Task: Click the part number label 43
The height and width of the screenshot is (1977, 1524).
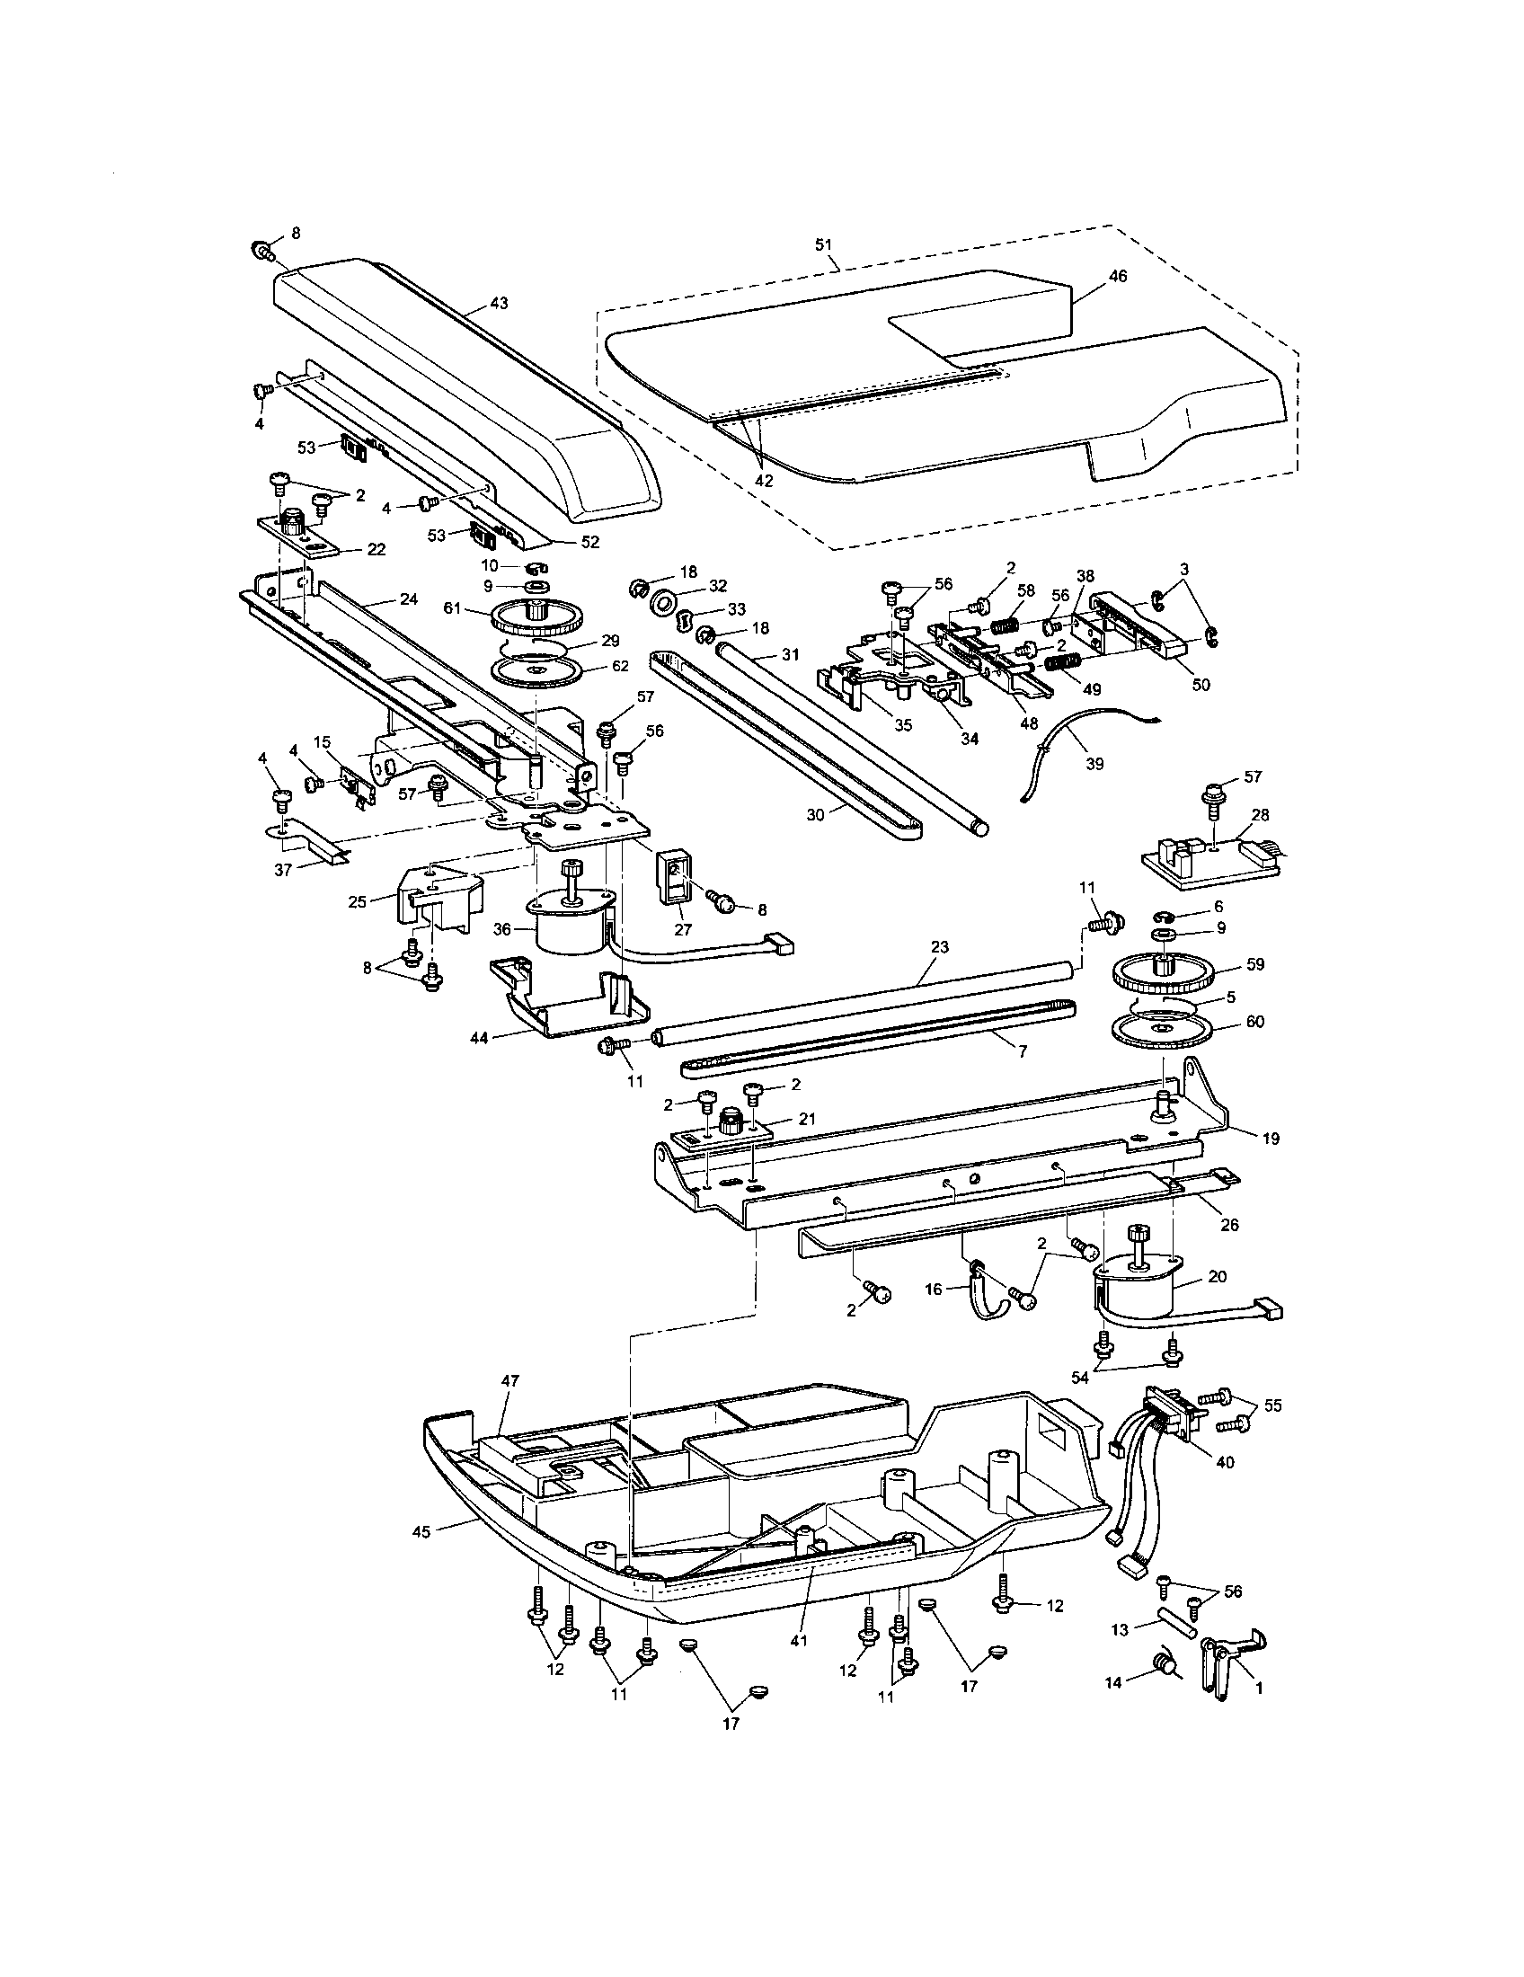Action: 499,303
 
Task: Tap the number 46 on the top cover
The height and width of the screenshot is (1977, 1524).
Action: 1118,276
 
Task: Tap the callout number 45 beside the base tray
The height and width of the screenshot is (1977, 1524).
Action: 421,1529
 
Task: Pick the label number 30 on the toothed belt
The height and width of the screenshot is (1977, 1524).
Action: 815,814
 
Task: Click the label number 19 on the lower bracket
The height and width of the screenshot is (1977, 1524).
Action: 1271,1139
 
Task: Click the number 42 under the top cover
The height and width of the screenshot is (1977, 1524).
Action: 764,481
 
